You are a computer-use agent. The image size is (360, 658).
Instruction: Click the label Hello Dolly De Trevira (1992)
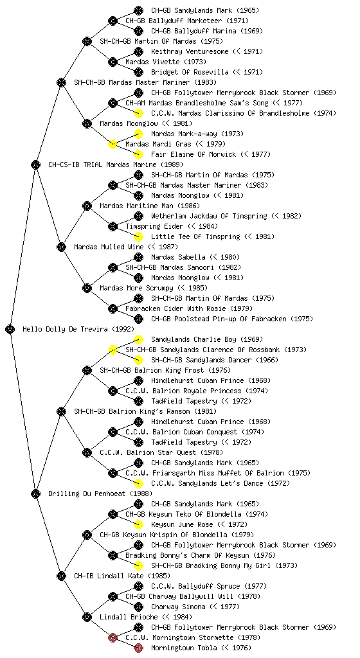78,330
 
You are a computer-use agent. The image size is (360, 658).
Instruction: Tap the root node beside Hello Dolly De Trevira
10,330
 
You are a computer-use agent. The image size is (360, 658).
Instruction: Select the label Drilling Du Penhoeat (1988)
100,494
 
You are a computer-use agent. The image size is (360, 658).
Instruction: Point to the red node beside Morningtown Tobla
138,648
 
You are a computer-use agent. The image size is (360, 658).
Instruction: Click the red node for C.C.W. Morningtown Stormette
113,638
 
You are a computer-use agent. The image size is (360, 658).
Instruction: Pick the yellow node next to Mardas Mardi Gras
113,145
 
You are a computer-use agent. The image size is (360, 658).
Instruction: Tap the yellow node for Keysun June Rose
138,524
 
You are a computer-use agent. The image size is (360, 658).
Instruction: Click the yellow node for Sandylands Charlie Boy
138,339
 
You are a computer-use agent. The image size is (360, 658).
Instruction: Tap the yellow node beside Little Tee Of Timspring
138,236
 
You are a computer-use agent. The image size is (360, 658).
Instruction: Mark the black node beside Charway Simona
138,607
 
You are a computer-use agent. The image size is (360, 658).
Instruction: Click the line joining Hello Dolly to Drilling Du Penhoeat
23,412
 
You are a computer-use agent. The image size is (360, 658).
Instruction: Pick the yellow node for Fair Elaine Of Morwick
138,154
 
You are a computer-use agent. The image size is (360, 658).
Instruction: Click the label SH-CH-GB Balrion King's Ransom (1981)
145,412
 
